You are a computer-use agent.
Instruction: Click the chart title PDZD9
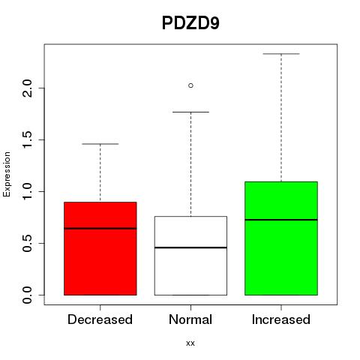[x=190, y=23]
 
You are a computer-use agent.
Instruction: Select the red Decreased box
[x=100, y=248]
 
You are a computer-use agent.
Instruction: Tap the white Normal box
[x=190, y=256]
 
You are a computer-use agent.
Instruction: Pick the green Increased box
[x=281, y=238]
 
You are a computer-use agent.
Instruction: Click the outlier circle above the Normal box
[x=190, y=85]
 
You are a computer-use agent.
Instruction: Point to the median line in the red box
[x=100, y=228]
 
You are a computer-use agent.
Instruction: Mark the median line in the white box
[x=190, y=247]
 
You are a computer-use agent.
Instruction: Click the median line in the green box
[x=281, y=220]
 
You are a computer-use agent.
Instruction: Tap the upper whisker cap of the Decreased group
[x=100, y=144]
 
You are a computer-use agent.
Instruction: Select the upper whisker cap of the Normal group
[x=190, y=112]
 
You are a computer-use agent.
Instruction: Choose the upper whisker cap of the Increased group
[x=281, y=54]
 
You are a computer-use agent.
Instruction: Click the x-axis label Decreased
[x=100, y=319]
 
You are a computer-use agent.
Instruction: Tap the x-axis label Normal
[x=190, y=319]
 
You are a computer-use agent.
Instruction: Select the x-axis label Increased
[x=281, y=319]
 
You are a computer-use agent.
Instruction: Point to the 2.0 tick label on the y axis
[x=27, y=88]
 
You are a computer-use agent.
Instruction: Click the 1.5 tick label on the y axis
[x=27, y=139]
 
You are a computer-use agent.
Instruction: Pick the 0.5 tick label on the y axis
[x=27, y=243]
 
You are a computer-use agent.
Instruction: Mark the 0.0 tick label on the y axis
[x=27, y=295]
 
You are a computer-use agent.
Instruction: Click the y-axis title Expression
[x=7, y=175]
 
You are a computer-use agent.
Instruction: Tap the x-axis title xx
[x=190, y=343]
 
